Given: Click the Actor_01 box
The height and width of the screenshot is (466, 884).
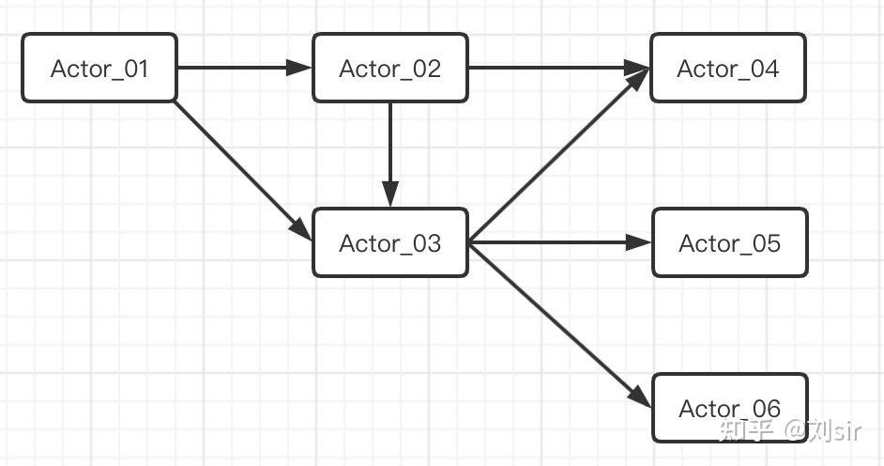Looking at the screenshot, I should click(x=99, y=68).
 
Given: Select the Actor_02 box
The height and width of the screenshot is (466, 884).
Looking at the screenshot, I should click(x=389, y=68).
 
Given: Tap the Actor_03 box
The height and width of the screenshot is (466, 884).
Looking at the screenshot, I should click(x=389, y=242).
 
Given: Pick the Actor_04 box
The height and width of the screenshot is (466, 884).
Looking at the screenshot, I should click(x=727, y=68).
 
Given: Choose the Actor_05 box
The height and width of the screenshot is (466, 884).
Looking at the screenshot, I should click(x=729, y=242).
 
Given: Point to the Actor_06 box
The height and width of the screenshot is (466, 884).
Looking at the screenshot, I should click(x=729, y=408).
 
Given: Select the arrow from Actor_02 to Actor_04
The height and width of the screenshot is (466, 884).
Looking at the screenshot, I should click(x=554, y=68).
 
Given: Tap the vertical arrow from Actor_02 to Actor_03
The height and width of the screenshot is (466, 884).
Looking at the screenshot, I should click(x=389, y=150).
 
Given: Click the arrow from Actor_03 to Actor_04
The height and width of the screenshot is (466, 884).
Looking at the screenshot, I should click(x=558, y=155).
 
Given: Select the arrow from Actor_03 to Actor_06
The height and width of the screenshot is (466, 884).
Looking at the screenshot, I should click(x=558, y=324).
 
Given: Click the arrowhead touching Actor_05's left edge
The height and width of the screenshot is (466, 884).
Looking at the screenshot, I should click(x=640, y=242).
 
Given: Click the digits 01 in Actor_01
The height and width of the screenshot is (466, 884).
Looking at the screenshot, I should click(x=135, y=69).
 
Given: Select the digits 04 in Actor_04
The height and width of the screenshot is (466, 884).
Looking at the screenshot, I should click(x=765, y=69).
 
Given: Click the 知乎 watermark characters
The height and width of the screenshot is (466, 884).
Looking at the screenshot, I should click(x=745, y=431).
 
